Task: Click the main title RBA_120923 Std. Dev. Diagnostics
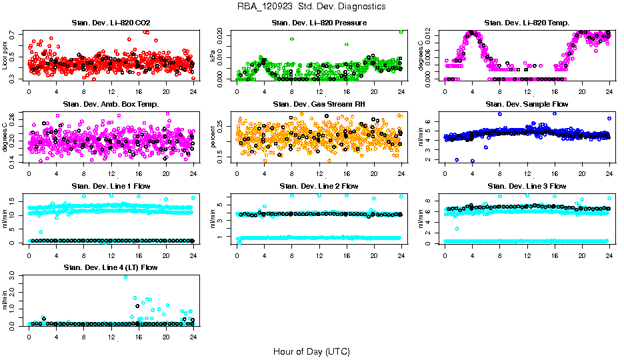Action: [311, 7]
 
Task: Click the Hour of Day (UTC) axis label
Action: [311, 351]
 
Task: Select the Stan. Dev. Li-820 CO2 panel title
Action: [111, 23]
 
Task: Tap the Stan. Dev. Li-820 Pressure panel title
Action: [319, 23]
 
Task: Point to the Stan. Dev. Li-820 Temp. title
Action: [527, 23]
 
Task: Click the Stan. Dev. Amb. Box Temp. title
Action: [111, 104]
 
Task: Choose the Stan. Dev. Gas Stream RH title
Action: [319, 104]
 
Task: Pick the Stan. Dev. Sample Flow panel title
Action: [527, 104]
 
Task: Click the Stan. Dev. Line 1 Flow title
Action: [111, 186]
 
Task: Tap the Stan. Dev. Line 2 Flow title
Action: [319, 186]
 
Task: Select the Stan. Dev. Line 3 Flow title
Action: [527, 186]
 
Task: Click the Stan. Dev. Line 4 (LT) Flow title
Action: [111, 267]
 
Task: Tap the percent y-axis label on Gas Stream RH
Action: [213, 137]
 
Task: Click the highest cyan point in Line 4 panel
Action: [125, 277]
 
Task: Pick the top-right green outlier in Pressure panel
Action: [401, 31]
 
